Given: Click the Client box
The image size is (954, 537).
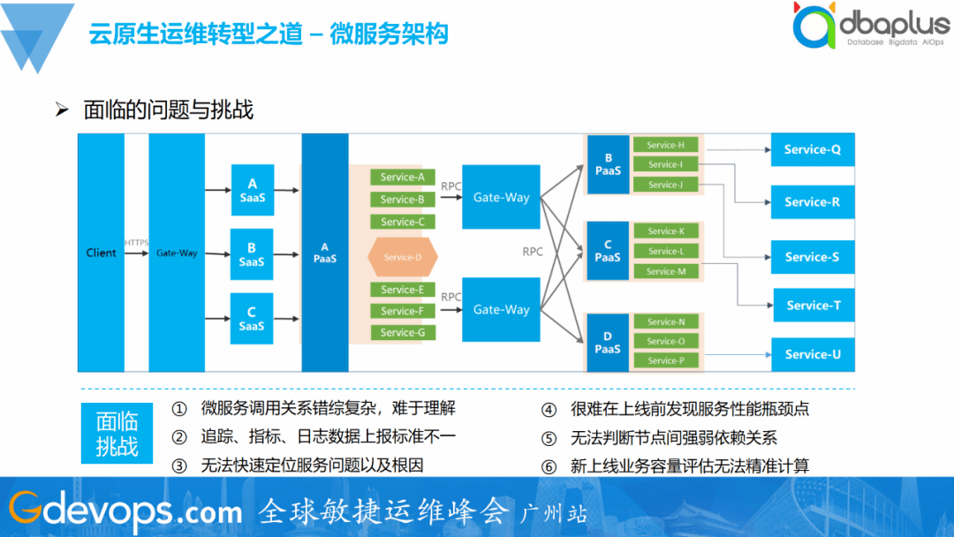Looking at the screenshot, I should pyautogui.click(x=101, y=253).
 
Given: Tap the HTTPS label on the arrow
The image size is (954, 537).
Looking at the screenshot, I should pyautogui.click(x=136, y=242).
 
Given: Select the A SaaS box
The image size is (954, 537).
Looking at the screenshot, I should pyautogui.click(x=252, y=190).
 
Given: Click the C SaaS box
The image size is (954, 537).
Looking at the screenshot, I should pyautogui.click(x=252, y=319).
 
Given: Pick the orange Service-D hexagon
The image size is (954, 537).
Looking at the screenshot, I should pyautogui.click(x=403, y=257).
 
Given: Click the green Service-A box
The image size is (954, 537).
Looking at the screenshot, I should pyautogui.click(x=402, y=177).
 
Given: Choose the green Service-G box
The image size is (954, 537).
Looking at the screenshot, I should pyautogui.click(x=402, y=332).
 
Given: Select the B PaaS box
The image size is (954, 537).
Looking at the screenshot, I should pyautogui.click(x=608, y=165).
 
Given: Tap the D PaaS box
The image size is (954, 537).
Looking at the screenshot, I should pyautogui.click(x=608, y=343).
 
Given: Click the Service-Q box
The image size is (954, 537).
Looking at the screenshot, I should pyautogui.click(x=812, y=149).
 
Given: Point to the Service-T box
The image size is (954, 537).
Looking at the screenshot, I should pyautogui.click(x=814, y=306).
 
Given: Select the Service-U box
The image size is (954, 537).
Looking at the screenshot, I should pyautogui.click(x=812, y=354).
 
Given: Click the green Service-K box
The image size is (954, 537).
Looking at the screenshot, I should pyautogui.click(x=666, y=231).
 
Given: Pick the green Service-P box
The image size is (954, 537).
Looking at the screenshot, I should pyautogui.click(x=666, y=360).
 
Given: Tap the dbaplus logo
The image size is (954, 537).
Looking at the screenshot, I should pyautogui.click(x=870, y=26).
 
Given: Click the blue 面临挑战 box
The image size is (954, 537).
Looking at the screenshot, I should pyautogui.click(x=117, y=433).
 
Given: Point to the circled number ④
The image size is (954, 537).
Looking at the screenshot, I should pyautogui.click(x=549, y=409).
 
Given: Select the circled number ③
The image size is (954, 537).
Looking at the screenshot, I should pyautogui.click(x=179, y=465).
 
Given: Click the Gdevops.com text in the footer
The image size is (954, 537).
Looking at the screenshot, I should pyautogui.click(x=124, y=510).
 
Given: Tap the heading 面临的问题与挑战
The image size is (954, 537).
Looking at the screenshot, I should pyautogui.click(x=168, y=110).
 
